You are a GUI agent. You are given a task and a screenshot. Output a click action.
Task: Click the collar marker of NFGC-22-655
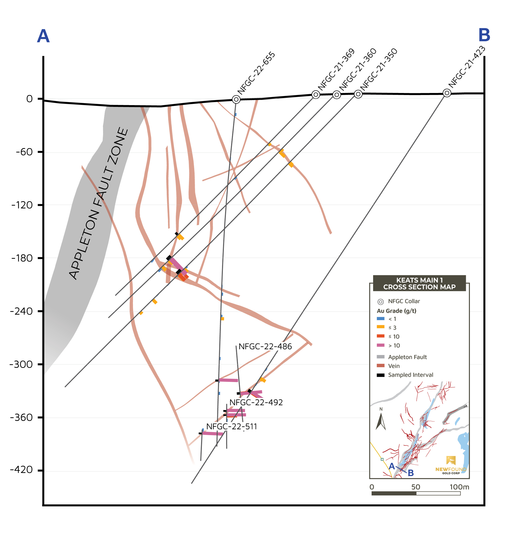(x=236, y=99)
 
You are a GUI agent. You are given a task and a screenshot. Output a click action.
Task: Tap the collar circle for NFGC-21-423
(x=447, y=93)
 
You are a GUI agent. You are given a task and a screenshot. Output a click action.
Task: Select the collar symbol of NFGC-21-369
(x=316, y=95)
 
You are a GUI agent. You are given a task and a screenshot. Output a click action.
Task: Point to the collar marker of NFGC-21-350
(x=358, y=94)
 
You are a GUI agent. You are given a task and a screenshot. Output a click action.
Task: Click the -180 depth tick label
(x=22, y=258)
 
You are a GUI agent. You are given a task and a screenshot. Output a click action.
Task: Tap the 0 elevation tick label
(x=30, y=99)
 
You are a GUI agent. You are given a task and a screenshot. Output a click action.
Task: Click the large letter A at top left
(x=43, y=36)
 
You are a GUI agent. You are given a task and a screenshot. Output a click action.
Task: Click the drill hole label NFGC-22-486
(x=265, y=347)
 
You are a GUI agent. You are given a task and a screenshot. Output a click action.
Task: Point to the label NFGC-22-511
(x=232, y=426)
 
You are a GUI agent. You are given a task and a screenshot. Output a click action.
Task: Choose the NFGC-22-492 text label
(x=256, y=402)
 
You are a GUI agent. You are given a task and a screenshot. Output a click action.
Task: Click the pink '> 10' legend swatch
(x=381, y=345)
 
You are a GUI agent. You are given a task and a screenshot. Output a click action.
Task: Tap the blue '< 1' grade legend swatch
(x=381, y=318)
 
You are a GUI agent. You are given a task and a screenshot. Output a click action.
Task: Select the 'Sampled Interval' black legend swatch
(x=381, y=375)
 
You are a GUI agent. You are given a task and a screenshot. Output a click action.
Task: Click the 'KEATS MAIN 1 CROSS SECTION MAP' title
(x=419, y=283)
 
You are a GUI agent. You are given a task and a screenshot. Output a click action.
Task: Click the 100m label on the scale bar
(x=459, y=487)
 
